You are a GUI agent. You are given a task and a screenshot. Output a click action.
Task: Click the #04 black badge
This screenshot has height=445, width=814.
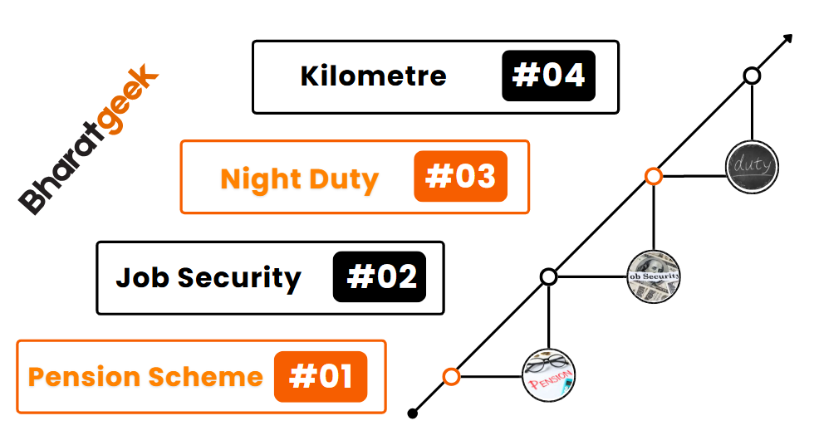point(548,76)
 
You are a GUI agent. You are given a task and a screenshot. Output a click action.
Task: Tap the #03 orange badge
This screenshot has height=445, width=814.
point(460,176)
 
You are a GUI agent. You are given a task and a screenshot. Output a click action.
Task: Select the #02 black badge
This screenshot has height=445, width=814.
point(380,276)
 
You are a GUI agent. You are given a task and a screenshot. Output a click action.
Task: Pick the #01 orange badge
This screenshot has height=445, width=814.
point(321,377)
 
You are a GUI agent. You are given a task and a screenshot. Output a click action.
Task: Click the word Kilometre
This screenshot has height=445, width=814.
point(374,76)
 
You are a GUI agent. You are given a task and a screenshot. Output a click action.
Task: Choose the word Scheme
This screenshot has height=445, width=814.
point(206,377)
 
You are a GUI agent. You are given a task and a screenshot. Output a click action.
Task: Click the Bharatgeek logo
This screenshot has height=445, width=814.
point(88,141)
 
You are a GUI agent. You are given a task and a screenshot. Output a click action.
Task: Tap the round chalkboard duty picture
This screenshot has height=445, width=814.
point(752,166)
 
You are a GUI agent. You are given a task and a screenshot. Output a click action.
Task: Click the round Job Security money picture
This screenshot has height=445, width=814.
point(654,276)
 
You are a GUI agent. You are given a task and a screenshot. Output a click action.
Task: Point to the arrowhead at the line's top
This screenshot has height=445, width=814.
point(784,41)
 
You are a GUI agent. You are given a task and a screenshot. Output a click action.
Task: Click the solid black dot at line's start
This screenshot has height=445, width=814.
point(414,413)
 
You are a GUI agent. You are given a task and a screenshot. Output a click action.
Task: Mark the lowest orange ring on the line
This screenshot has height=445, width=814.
point(451,377)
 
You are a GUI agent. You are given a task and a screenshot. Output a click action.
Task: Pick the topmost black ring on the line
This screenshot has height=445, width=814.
point(752,76)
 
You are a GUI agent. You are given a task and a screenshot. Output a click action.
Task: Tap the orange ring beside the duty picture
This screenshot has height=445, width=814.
point(654,176)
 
